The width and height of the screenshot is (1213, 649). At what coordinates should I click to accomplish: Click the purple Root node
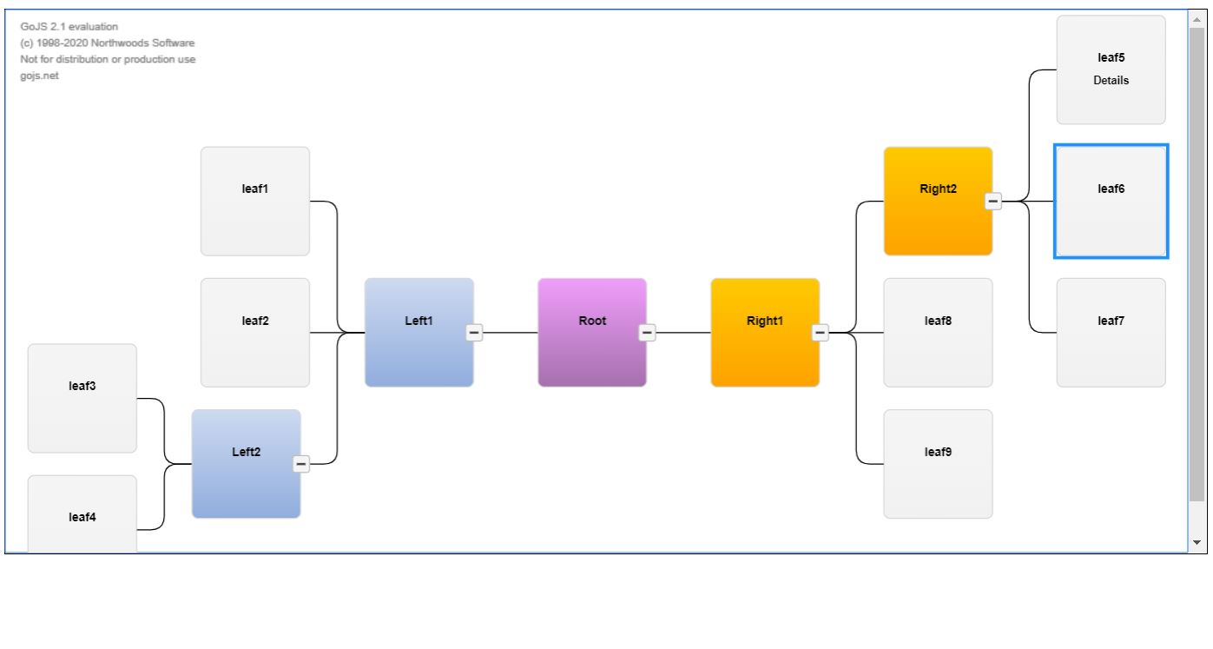point(592,333)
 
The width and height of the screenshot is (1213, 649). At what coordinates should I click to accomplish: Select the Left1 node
point(419,333)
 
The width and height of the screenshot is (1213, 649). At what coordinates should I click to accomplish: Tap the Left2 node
point(246,464)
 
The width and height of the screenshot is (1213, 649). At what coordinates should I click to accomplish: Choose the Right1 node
point(764,333)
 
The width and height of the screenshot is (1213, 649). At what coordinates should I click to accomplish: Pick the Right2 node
point(938,202)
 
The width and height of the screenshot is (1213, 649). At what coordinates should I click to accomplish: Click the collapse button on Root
point(647,333)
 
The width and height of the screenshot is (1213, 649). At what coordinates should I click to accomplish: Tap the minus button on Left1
point(474,333)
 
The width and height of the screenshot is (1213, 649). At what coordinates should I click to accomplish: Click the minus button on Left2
point(301,464)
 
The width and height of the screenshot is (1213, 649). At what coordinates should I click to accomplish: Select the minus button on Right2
point(993,202)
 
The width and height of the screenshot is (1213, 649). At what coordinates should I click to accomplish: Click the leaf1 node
point(254,202)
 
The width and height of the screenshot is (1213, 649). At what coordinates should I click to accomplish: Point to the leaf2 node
point(254,333)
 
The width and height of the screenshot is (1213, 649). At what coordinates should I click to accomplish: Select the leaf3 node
point(82,398)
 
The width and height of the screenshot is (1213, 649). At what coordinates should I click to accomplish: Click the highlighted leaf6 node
point(1111,202)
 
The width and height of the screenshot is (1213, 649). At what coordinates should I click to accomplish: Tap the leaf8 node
point(938,333)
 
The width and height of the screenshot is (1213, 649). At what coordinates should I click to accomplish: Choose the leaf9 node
point(938,464)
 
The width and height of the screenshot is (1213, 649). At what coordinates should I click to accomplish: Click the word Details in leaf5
point(1111,80)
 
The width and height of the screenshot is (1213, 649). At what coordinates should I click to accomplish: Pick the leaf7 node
point(1111,333)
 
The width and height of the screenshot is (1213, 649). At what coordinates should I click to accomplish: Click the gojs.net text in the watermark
point(39,76)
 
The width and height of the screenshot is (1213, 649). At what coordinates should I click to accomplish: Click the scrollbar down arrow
point(1197,542)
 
